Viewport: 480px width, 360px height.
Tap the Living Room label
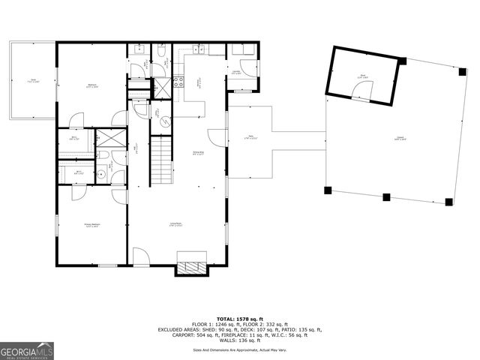click(177, 224)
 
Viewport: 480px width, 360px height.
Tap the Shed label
click(362, 76)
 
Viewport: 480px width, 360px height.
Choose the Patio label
click(250, 138)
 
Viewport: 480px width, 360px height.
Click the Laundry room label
click(236, 73)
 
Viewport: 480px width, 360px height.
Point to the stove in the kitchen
click(178, 82)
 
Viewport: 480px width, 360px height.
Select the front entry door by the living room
click(141, 257)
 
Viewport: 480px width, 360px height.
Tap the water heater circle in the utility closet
click(159, 113)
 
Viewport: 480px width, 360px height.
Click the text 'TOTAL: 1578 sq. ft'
click(240, 318)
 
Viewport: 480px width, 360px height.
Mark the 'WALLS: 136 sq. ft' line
click(240, 341)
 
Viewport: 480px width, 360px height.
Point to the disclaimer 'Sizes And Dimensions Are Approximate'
click(240, 349)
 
